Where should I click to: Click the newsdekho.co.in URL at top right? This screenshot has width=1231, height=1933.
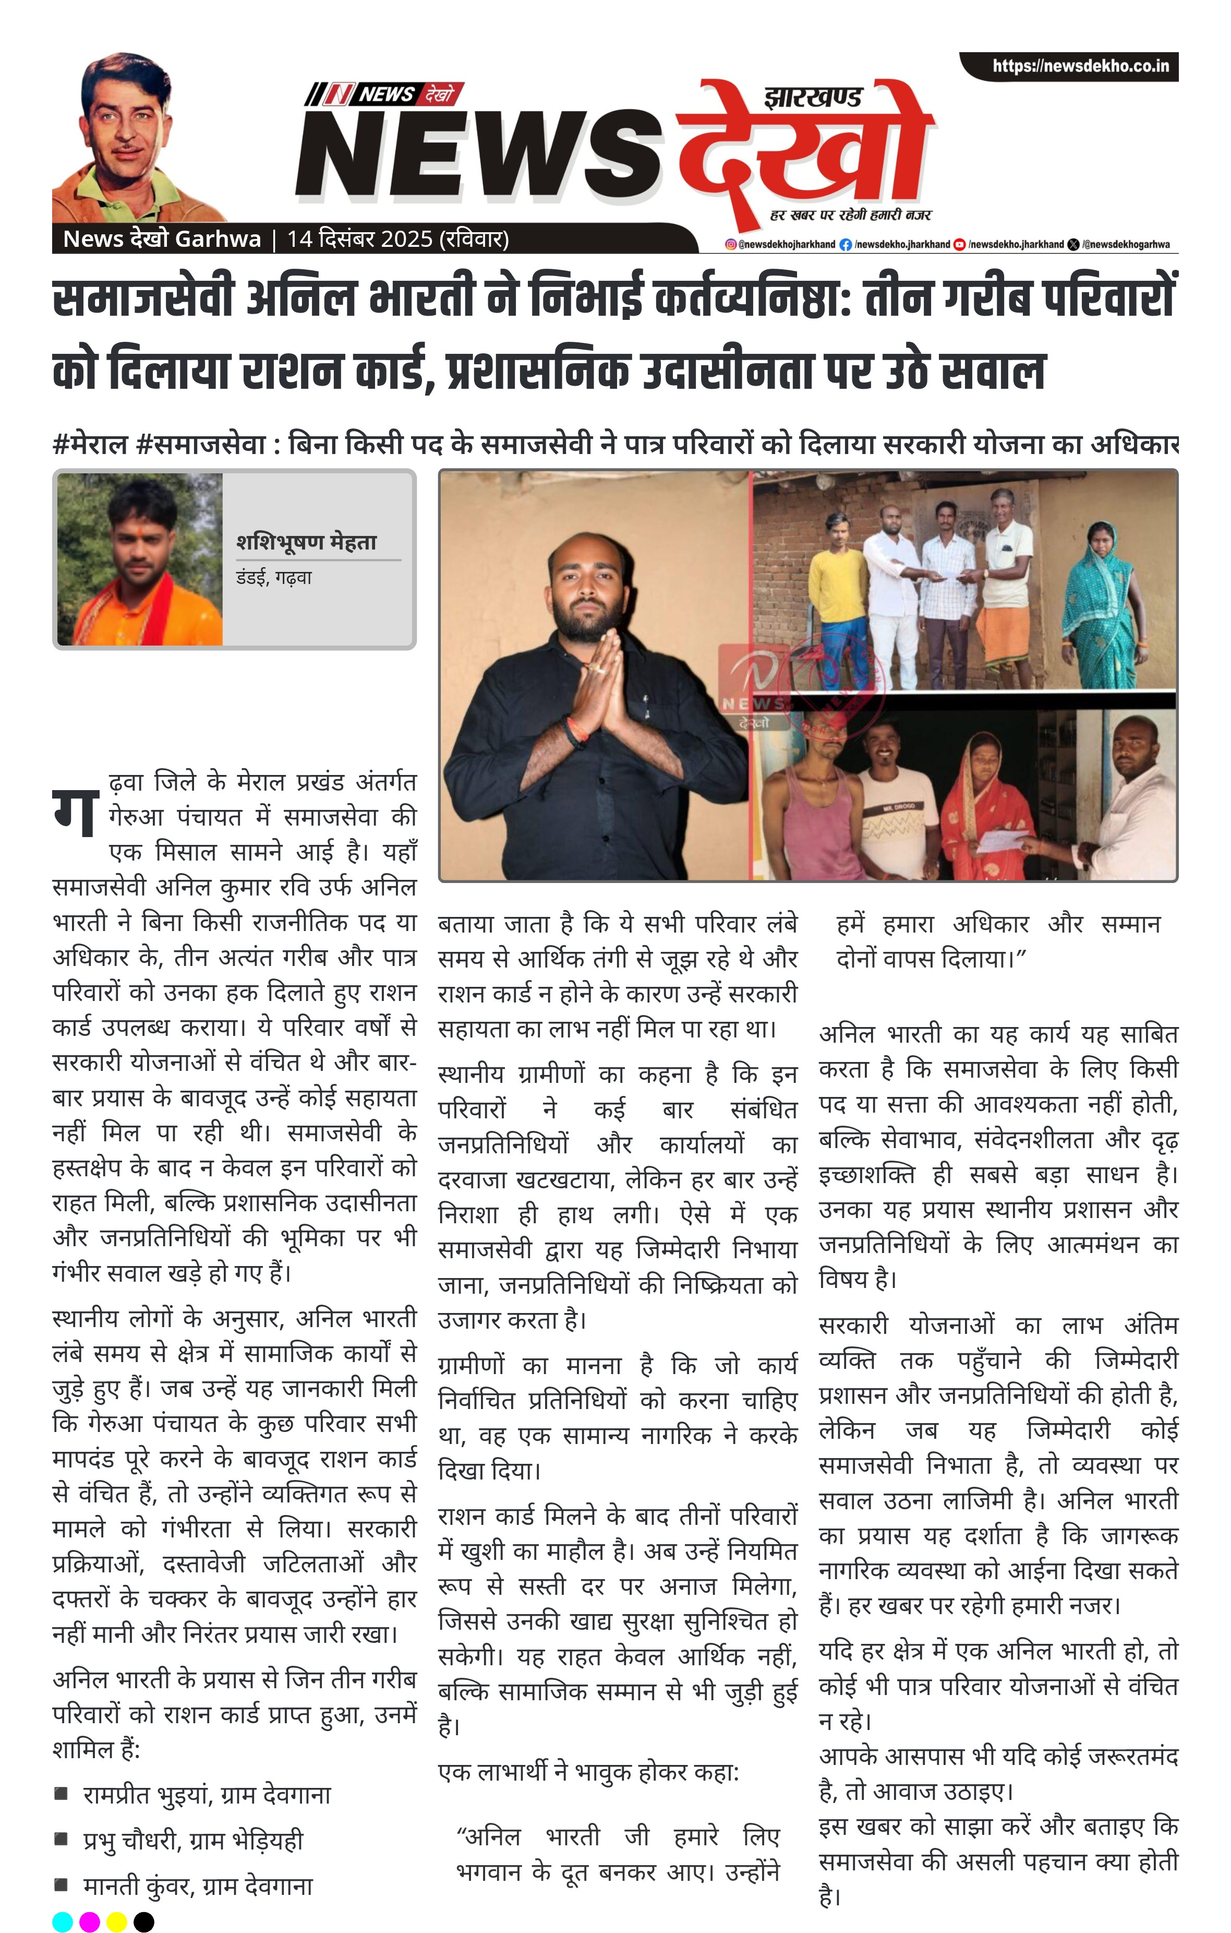pos(1080,66)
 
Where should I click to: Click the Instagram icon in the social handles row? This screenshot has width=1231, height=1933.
pos(730,244)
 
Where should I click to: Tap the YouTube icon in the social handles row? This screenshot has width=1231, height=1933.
pos(958,244)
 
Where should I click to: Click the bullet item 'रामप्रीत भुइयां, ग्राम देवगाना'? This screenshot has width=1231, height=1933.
pos(206,1794)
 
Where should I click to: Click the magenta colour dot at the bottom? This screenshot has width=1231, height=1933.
pos(90,1922)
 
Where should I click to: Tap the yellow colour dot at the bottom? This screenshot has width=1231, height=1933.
pos(116,1922)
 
